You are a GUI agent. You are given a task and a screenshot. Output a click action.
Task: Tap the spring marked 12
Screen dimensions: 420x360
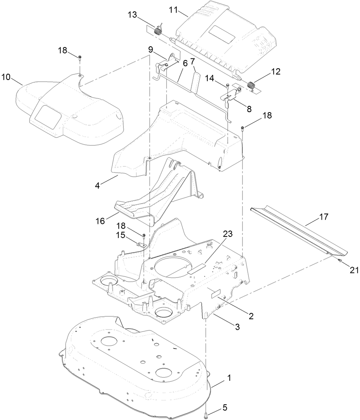250,84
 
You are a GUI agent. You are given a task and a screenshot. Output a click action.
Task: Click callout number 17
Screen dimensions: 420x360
324,216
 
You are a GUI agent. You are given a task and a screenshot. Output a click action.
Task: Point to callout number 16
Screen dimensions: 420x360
100,221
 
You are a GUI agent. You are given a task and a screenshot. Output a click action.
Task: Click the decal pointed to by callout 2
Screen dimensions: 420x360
215,293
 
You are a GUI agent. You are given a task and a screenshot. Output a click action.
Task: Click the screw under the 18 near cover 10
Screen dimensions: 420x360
80,58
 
